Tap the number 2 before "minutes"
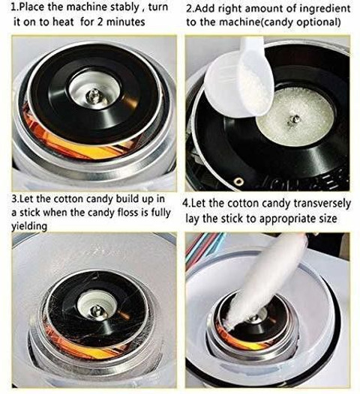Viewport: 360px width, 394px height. tap(100, 22)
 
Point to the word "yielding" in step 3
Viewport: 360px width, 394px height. tap(29, 226)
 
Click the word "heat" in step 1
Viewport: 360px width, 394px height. tap(63, 22)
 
